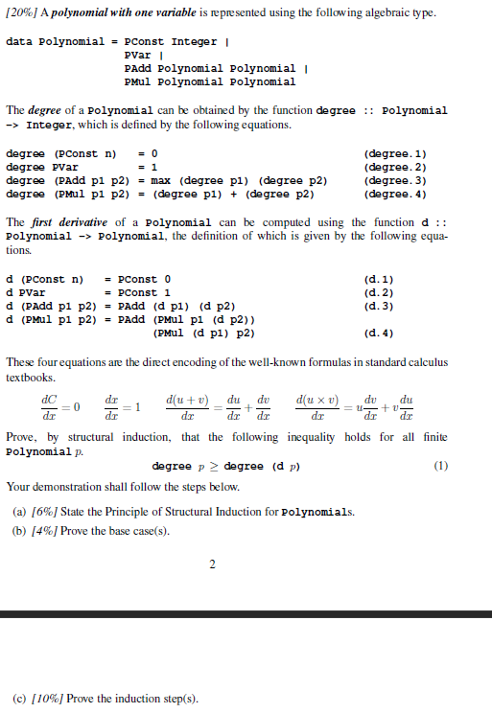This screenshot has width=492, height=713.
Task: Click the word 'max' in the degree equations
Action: (x=162, y=180)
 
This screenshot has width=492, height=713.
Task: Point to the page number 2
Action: (x=213, y=564)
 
